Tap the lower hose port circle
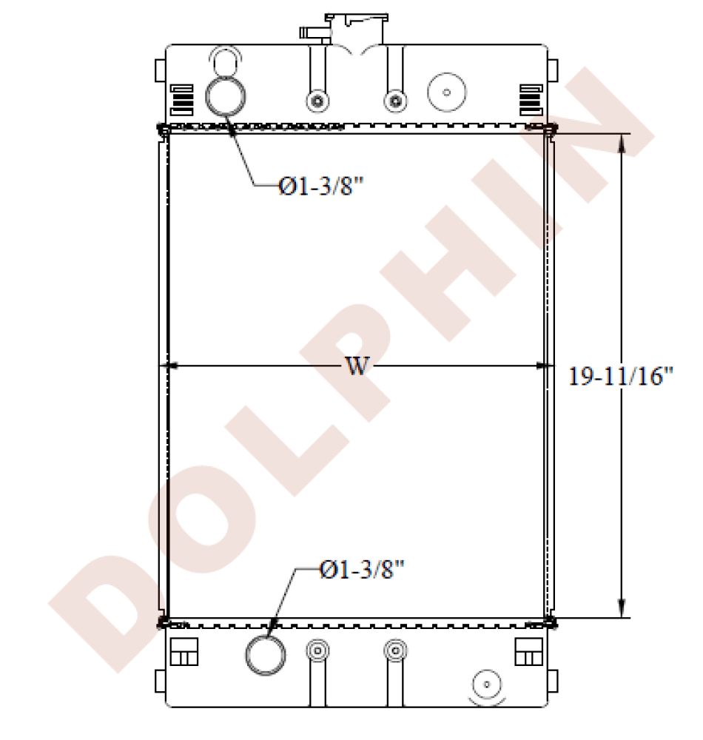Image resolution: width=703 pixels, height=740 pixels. point(264,655)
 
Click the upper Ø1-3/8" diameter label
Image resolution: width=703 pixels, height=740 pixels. point(322,186)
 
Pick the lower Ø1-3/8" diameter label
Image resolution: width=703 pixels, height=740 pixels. point(363,569)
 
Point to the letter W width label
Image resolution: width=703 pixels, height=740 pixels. point(357,366)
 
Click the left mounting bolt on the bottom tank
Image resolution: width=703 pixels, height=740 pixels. point(317,650)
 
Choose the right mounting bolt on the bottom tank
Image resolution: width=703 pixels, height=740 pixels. point(394,650)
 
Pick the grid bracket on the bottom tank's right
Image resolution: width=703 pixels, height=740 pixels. point(528,652)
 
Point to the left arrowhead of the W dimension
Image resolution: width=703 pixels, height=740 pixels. point(167,366)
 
